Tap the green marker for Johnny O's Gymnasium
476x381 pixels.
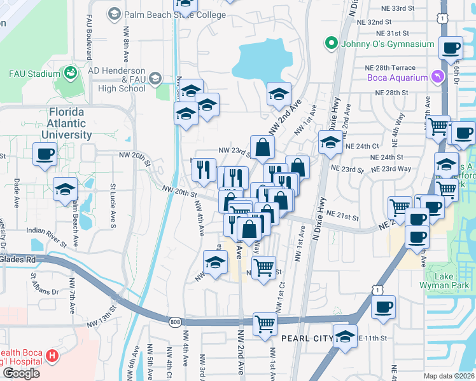(x=331, y=44)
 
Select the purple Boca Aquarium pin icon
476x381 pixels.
(x=437, y=77)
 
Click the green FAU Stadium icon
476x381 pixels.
(x=70, y=73)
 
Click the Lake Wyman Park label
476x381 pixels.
(x=452, y=281)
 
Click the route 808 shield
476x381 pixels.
(x=175, y=323)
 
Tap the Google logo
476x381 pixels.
(x=21, y=373)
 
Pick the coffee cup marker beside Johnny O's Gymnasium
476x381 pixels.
(x=451, y=48)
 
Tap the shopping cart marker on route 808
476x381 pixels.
(x=265, y=324)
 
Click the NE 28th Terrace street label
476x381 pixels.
(x=390, y=68)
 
